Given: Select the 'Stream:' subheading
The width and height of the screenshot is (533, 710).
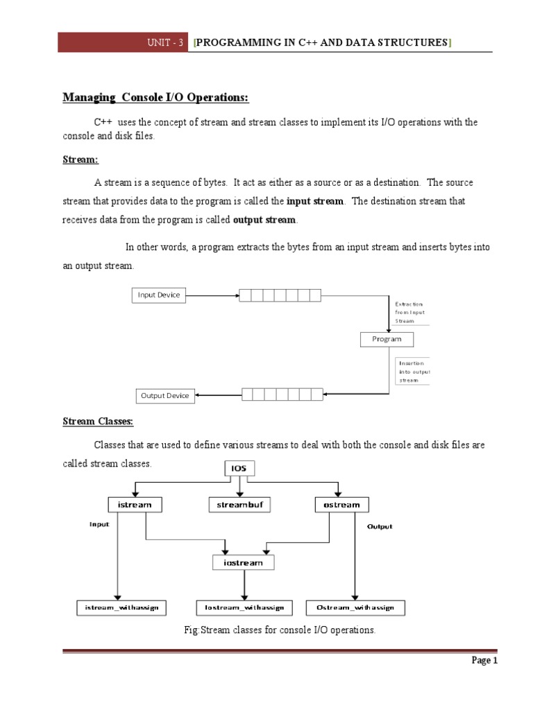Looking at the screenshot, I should [81, 160].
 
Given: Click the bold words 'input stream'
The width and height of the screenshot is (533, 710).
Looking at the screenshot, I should [315, 201].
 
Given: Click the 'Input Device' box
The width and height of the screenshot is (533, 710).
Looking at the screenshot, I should [159, 295].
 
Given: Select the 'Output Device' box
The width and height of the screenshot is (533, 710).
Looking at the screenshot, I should [164, 396].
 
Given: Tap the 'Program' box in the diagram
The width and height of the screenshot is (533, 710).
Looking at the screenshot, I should [387, 339].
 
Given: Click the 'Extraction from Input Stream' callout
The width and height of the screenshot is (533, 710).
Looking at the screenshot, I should [412, 313].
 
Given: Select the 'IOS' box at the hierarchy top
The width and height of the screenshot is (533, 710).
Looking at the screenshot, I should [239, 469].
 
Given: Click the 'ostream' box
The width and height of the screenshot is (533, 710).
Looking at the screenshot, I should [341, 505].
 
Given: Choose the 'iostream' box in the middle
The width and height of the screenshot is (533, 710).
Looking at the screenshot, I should [243, 562].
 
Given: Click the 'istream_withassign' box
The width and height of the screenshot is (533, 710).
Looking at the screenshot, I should [121, 608].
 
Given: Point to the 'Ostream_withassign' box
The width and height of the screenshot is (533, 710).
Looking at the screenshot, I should [355, 608].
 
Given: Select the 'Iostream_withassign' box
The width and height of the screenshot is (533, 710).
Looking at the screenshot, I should [244, 608].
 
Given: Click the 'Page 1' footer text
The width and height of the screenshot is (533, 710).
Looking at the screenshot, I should [485, 661].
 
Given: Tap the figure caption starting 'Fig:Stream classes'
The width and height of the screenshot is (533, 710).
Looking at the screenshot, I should [266, 630].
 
